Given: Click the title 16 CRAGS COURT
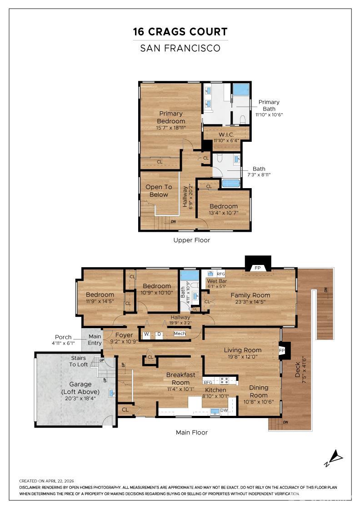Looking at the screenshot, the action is tap(180, 32).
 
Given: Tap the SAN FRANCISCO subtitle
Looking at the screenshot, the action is tap(180, 48).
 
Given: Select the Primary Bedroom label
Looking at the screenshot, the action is tap(171, 117).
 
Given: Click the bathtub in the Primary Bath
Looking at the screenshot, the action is tap(241, 89).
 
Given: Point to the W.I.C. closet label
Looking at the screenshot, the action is tap(226, 135).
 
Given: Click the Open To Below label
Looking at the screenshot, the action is tap(159, 190).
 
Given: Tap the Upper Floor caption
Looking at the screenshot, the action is tap(191, 240).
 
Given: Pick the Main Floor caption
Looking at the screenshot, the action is tap(191, 432).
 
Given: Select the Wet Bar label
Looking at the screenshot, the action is tap(217, 281).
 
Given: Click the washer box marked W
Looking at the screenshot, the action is tap(146, 334).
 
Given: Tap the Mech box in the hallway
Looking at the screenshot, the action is tap(180, 334).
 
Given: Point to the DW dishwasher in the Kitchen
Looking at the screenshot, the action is tap(224, 410).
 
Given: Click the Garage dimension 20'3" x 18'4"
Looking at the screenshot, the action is tap(80, 398).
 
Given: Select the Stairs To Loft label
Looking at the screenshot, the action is tap(79, 361).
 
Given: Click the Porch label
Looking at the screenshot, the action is tap(63, 337).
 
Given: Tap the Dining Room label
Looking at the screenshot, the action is tap(258, 391).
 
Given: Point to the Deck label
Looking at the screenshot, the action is tap(298, 370).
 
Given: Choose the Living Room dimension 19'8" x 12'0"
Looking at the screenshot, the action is tap(242, 356).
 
